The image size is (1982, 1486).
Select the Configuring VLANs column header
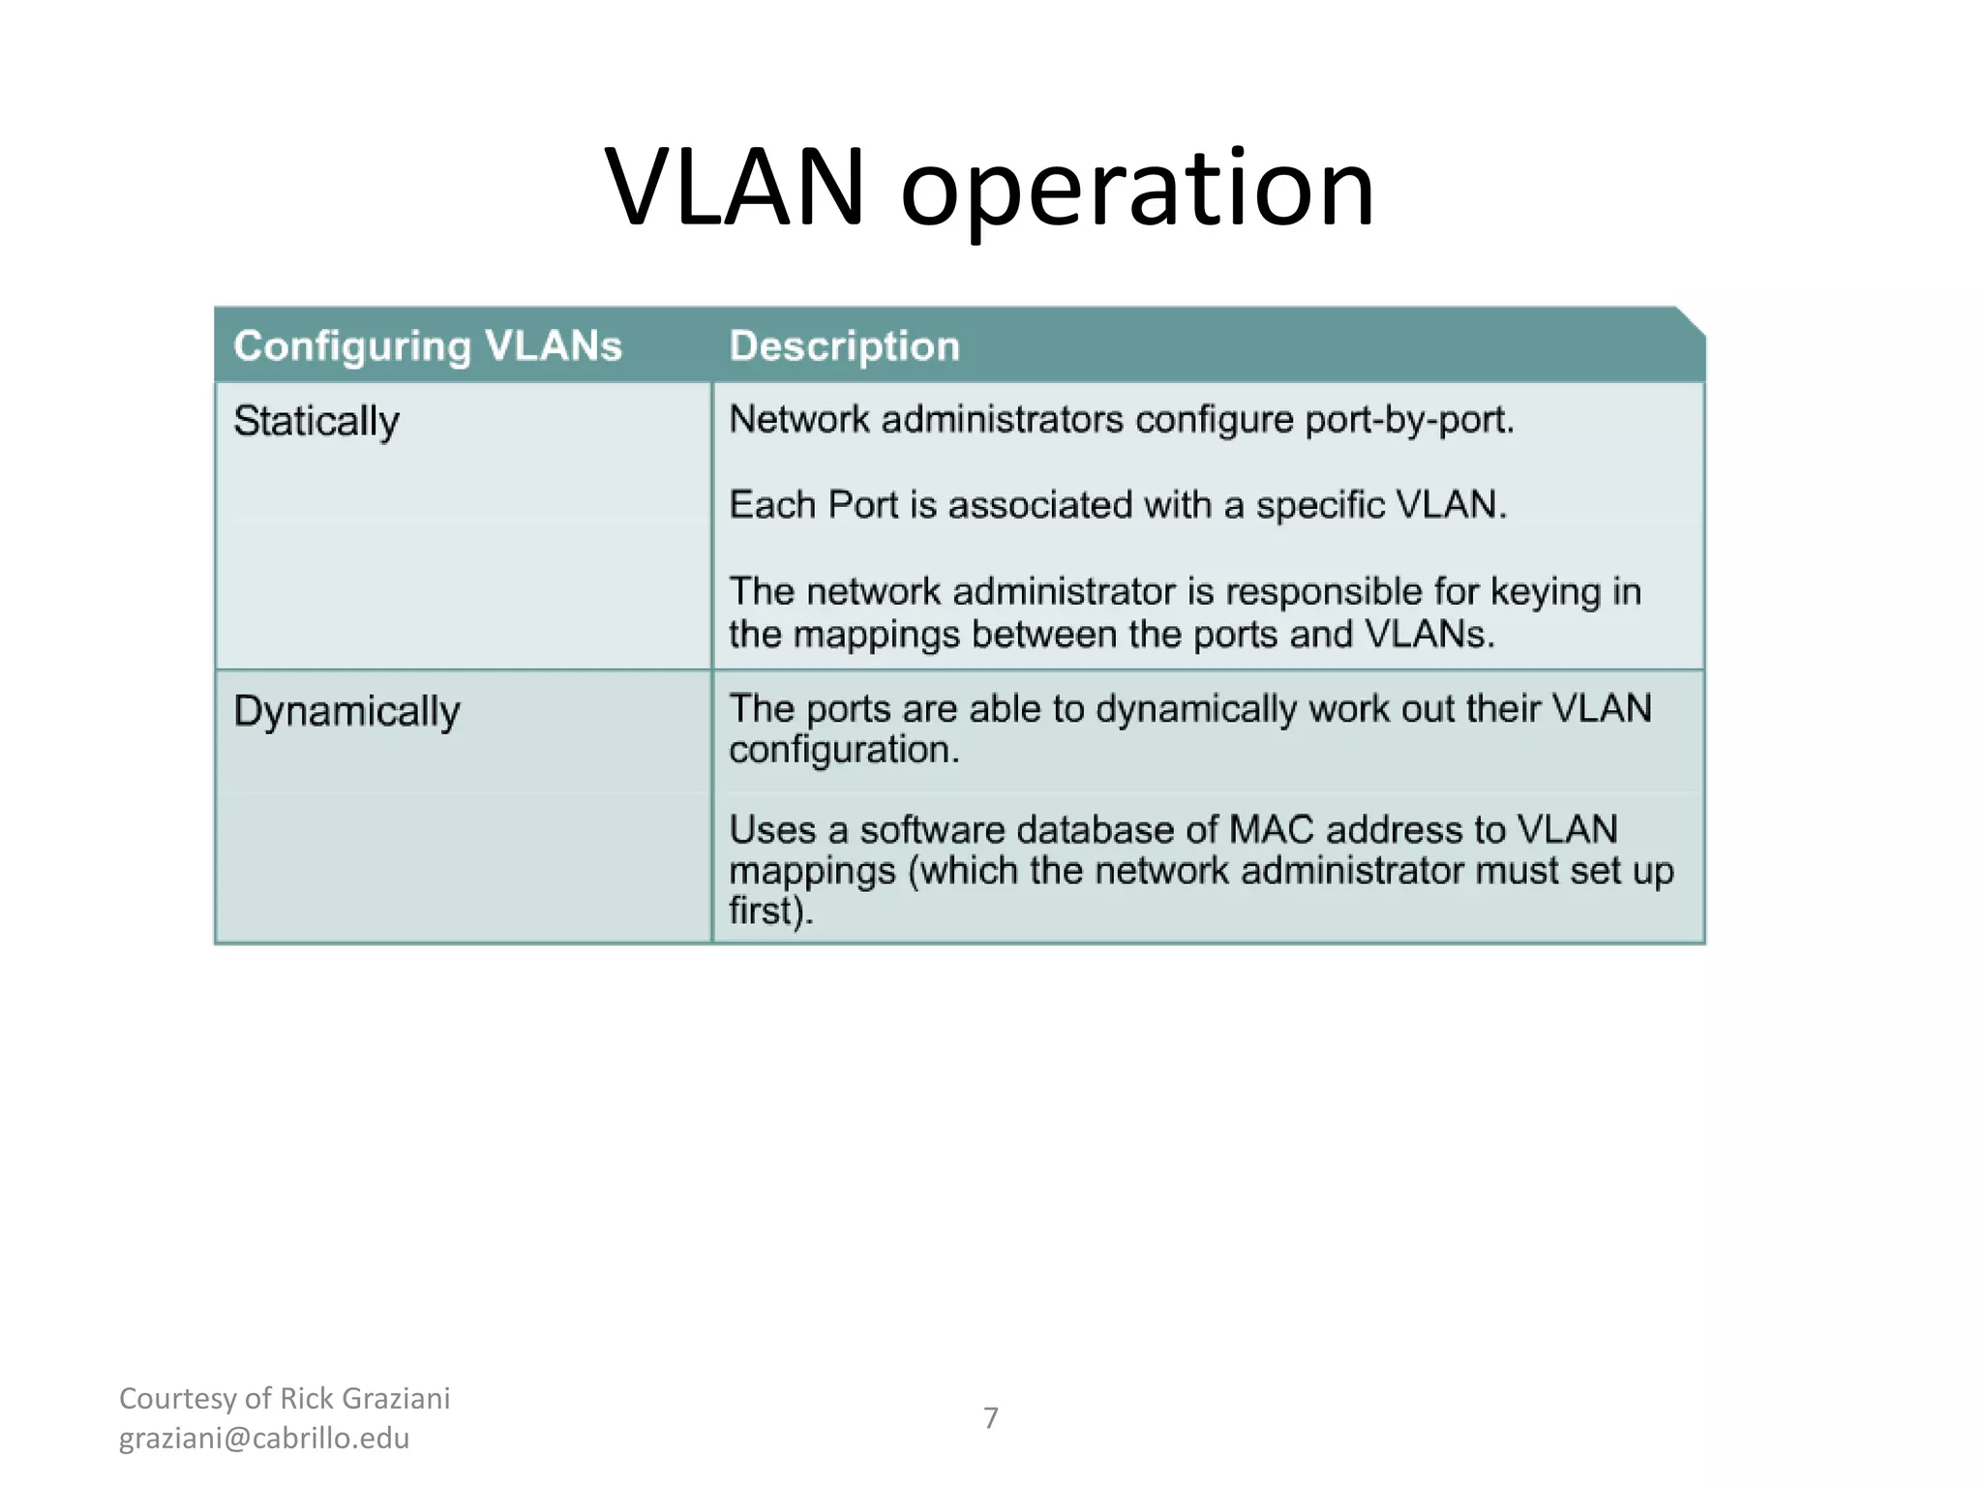click(428, 346)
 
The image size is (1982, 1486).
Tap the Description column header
click(844, 346)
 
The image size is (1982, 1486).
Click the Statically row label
click(316, 421)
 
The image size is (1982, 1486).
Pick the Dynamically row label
click(346, 711)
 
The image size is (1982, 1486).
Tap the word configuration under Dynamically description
click(843, 750)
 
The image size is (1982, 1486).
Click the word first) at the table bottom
click(770, 911)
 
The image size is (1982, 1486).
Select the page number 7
click(990, 1417)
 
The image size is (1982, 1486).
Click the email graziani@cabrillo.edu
click(264, 1439)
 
